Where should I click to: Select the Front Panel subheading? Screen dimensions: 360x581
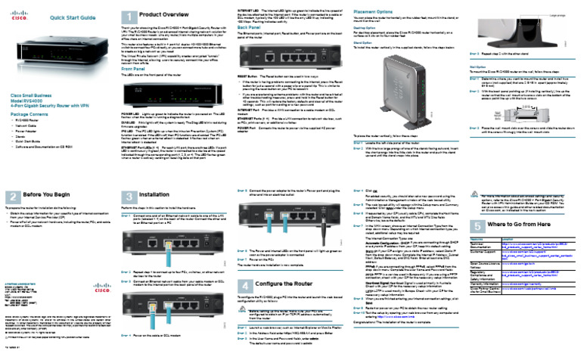click(135, 69)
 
